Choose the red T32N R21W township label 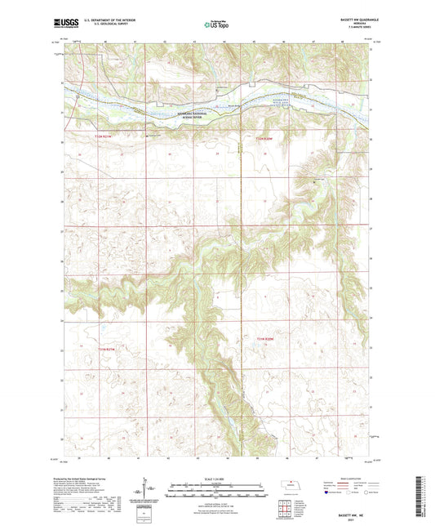point(97,350)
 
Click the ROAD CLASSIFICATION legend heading point(348,478)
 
